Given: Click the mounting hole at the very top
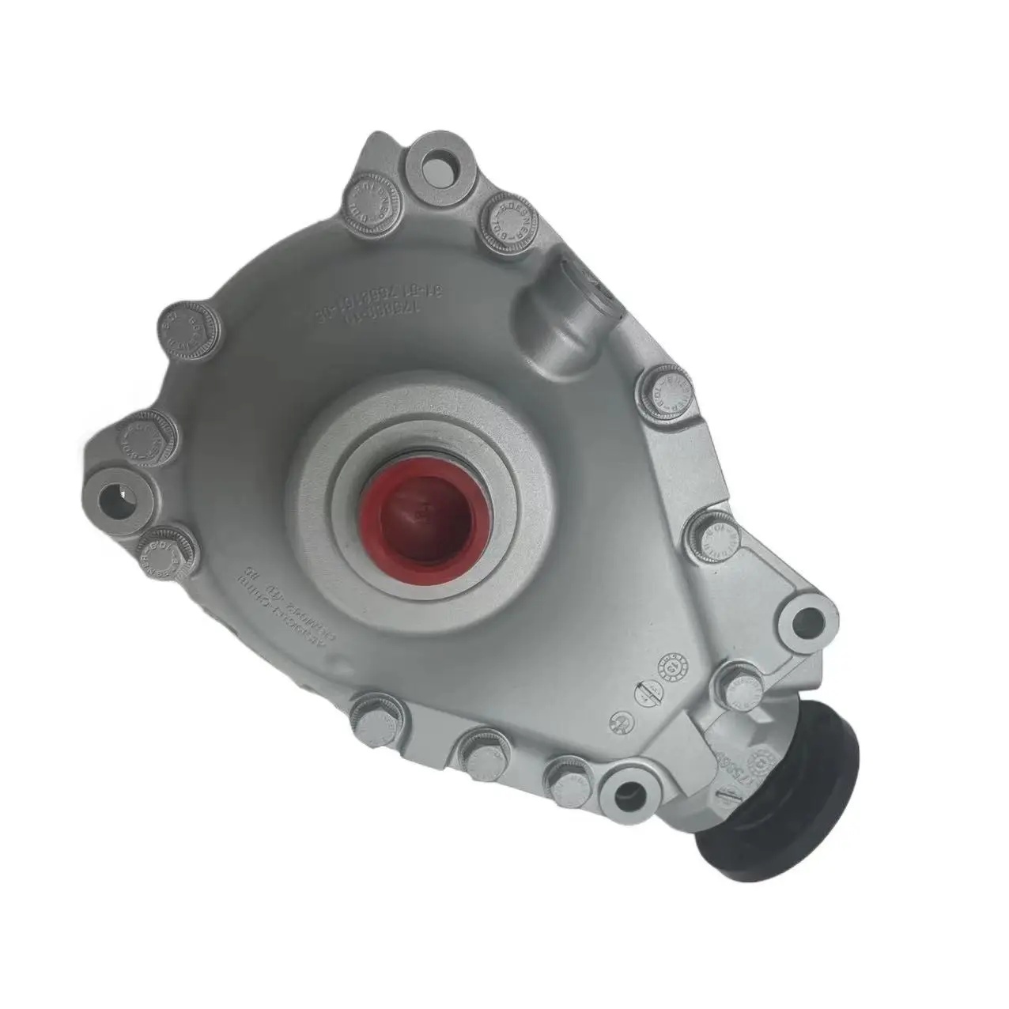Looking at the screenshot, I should [x=436, y=168].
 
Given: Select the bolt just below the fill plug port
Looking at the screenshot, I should [x=664, y=393].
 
